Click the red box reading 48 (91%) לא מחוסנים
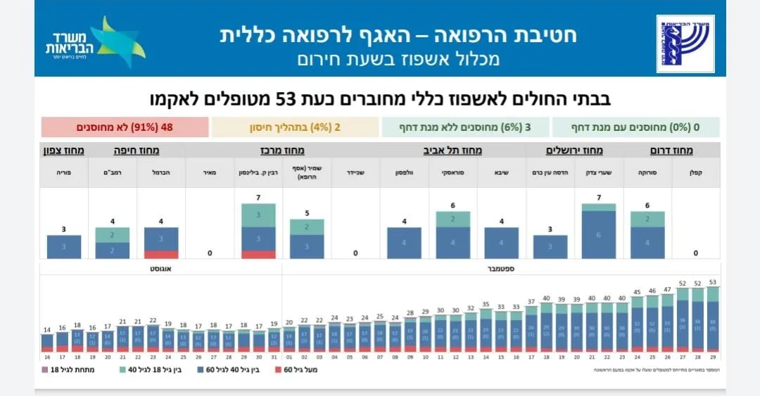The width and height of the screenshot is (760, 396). (x=125, y=127)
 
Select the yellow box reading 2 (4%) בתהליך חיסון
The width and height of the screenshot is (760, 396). (x=295, y=127)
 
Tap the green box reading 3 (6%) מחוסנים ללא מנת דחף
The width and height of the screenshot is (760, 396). (x=465, y=127)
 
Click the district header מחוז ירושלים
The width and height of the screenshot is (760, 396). (x=574, y=151)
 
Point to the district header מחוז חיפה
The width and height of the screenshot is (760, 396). (x=136, y=151)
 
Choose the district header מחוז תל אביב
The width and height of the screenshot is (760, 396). (x=452, y=151)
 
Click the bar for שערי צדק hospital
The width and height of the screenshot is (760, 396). (x=599, y=231)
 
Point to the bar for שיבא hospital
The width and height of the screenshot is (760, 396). (x=502, y=243)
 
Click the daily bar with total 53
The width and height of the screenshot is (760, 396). (x=712, y=319)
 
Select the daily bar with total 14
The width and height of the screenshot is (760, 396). (x=46, y=340)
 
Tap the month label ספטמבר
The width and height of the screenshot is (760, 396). (x=500, y=269)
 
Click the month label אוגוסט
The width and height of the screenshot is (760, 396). (x=161, y=269)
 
